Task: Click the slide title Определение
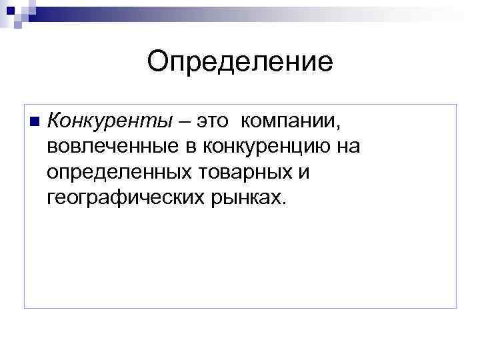point(240,62)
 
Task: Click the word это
point(211,121)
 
